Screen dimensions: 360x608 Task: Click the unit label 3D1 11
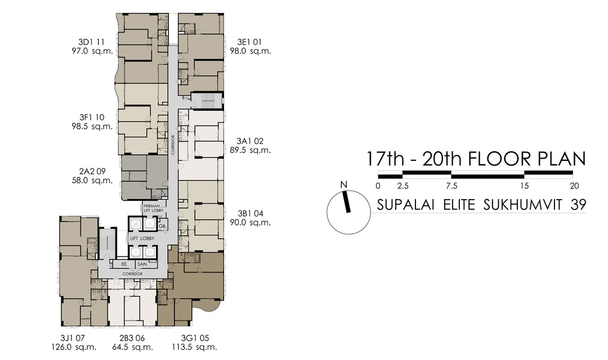point(92,42)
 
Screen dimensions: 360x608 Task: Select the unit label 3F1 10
point(92,117)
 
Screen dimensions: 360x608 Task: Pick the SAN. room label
point(142,263)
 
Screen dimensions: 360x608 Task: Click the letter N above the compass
point(343,184)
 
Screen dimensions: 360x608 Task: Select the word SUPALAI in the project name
point(403,205)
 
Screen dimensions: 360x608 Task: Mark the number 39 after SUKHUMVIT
point(578,205)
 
